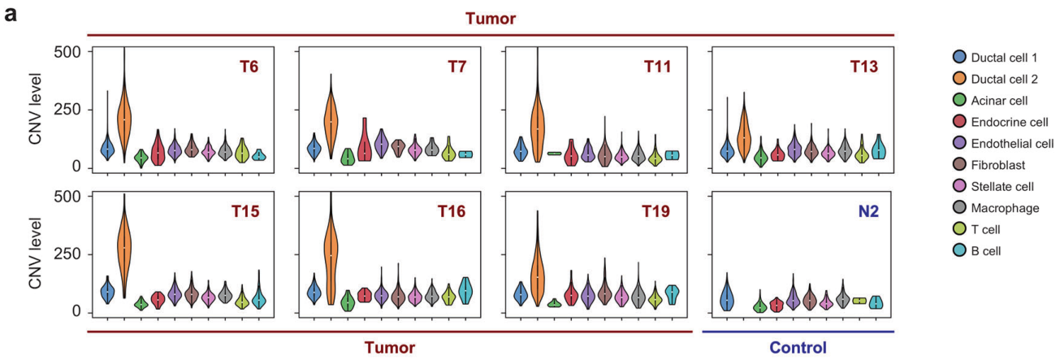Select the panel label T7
pyautogui.click(x=458, y=67)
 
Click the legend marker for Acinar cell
pyautogui.click(x=960, y=101)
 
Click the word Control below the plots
pyautogui.click(x=797, y=348)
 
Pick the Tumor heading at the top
pyautogui.click(x=490, y=17)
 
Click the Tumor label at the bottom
pyautogui.click(x=388, y=348)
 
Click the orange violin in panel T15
pyautogui.click(x=124, y=244)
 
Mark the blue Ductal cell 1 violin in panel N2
pyautogui.click(x=727, y=297)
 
